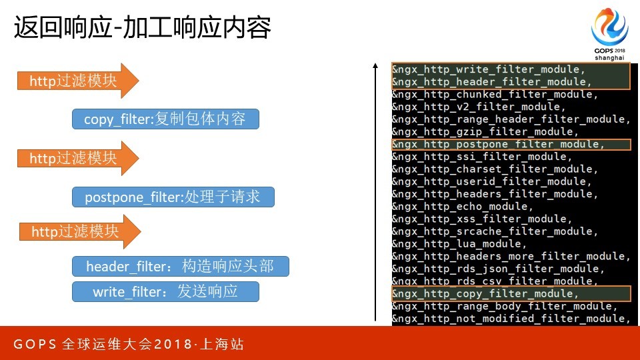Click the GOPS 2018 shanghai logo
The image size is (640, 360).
tap(609, 34)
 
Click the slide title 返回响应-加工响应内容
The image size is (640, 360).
tap(143, 28)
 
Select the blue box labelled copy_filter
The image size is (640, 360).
tap(166, 119)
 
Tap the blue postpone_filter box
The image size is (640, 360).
tap(173, 197)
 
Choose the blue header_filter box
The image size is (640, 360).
tap(181, 266)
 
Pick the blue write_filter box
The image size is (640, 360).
tap(166, 291)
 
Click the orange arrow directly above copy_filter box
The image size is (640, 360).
tap(78, 81)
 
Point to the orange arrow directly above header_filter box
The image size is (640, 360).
tap(80, 231)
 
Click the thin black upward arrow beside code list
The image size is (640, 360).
tap(375, 192)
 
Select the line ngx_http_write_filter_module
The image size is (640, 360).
tap(489, 69)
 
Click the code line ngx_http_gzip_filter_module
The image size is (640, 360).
tap(485, 131)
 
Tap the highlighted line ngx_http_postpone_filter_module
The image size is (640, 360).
tap(498, 144)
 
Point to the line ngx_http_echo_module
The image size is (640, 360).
tap(463, 206)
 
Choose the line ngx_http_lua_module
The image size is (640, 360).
tap(459, 244)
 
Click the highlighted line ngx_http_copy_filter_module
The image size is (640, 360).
tap(485, 293)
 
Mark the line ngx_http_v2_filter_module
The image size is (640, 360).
tap(479, 107)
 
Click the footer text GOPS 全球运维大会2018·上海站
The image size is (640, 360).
tap(129, 344)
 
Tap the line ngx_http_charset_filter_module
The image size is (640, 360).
tap(495, 169)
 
